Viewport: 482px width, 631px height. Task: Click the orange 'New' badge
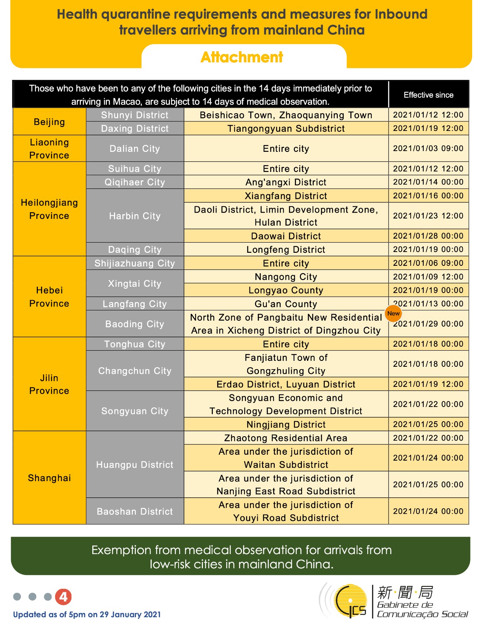coord(393,314)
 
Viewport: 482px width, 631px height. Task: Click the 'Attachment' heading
coord(242,57)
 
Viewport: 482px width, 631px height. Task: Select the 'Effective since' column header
coord(428,95)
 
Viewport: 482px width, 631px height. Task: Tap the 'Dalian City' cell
coord(135,149)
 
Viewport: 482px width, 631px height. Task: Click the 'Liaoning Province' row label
coord(49,149)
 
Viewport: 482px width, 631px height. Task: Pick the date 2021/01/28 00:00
coord(428,236)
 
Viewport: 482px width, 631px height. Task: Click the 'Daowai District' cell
coord(286,236)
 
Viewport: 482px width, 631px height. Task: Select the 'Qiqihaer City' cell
coord(135,182)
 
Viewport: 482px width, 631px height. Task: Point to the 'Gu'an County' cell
coord(286,304)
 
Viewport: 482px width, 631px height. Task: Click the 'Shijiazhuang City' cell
coord(135,263)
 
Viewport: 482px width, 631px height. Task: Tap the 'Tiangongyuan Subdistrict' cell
coord(286,129)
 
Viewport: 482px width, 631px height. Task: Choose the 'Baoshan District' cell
coord(135,511)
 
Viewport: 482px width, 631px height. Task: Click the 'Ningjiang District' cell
coord(286,424)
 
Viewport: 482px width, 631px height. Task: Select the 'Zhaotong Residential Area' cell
coord(286,438)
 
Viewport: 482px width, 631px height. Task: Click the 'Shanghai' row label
coord(49,478)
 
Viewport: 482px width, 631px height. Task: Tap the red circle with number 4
coord(63,597)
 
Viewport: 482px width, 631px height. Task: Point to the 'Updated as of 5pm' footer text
coord(87,614)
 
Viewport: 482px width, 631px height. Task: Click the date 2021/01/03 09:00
coord(428,148)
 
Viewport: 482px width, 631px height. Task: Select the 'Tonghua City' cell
coord(135,344)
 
